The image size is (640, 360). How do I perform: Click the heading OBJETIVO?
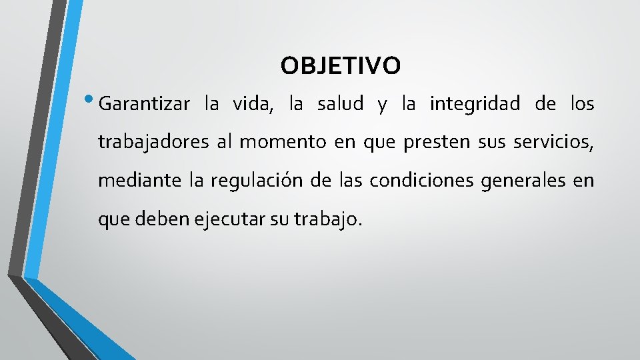(x=341, y=66)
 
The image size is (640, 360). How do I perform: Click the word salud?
(x=340, y=105)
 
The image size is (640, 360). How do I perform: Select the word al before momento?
(x=224, y=143)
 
